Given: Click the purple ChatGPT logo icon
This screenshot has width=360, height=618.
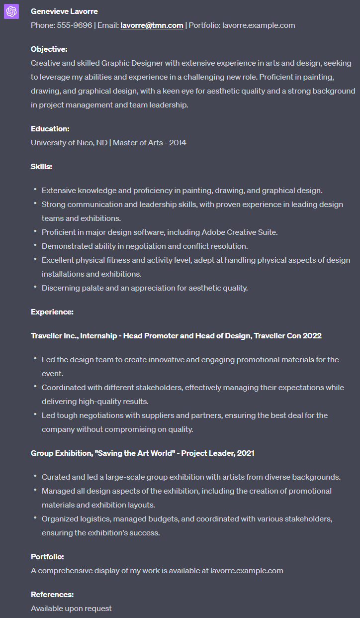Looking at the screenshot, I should click(x=11, y=11).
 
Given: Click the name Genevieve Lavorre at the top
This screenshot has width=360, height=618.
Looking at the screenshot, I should click(x=64, y=11).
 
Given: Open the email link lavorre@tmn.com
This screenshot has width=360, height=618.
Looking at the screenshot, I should click(x=152, y=25).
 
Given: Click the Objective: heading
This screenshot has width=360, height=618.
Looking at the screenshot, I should click(x=49, y=49).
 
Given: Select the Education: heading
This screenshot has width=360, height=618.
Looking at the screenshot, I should click(x=50, y=129).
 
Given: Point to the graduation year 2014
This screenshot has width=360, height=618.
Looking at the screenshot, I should click(x=178, y=143).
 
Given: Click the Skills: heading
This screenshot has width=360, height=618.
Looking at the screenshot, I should click(x=41, y=167).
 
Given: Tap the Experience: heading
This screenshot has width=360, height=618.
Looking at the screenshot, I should click(x=52, y=312).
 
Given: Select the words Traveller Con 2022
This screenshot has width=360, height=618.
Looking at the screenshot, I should click(x=288, y=336).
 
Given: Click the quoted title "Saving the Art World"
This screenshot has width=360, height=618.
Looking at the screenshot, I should click(x=137, y=453).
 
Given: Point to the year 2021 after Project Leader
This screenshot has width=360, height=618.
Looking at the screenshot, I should click(x=246, y=453).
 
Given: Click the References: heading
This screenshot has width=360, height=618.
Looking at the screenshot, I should click(x=52, y=595).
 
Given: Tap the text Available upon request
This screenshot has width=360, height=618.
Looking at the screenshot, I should click(x=71, y=609).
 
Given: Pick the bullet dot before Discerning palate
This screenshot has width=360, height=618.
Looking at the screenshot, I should click(x=35, y=287).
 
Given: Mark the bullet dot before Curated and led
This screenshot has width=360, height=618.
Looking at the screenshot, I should click(x=35, y=476).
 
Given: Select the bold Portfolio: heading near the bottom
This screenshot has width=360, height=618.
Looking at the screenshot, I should click(x=47, y=557).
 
